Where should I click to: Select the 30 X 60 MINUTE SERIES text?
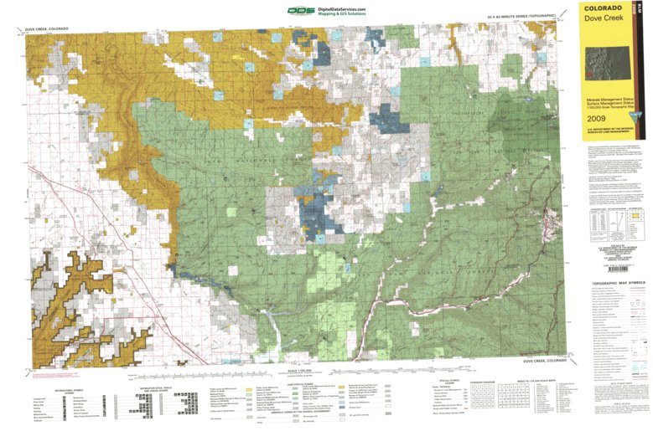click(x=521, y=17)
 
